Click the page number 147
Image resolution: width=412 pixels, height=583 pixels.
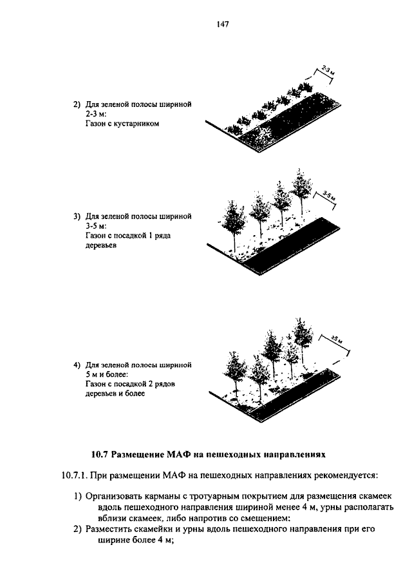[205, 24]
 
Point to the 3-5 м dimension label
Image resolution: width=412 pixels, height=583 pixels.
[329, 198]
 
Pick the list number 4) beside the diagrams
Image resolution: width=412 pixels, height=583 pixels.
[77, 365]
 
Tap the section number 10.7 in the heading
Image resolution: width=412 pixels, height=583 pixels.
[100, 454]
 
